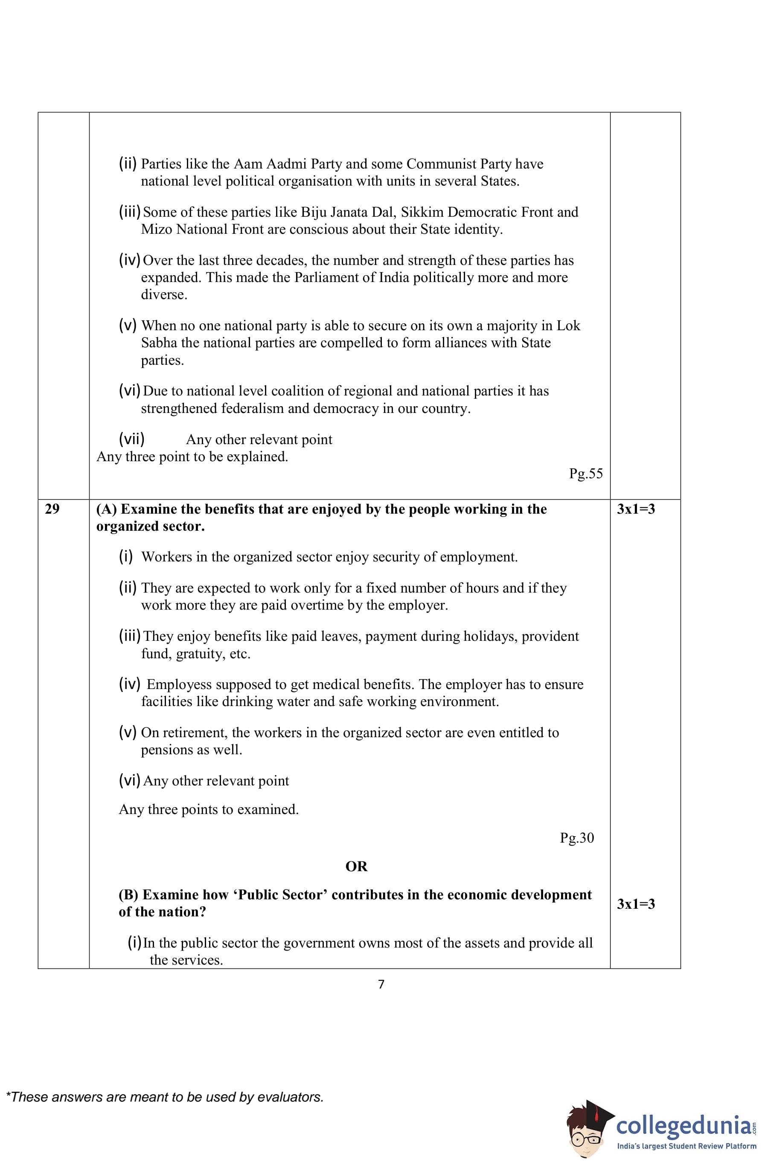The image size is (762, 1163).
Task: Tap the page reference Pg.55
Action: pos(585,474)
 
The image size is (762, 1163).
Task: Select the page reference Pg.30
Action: pos(577,837)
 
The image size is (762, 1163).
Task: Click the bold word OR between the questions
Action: pos(356,866)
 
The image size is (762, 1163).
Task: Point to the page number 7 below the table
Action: pos(381,984)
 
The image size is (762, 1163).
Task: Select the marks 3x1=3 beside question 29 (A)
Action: pos(635,509)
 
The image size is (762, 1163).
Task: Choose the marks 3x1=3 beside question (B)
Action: pos(635,904)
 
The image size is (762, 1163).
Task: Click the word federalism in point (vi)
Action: pos(253,409)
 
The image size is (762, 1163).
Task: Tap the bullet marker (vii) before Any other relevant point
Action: pos(131,439)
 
